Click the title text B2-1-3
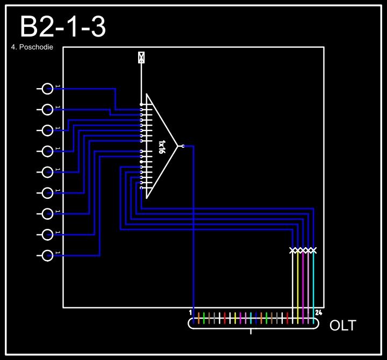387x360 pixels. (x=62, y=27)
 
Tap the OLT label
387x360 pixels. (x=342, y=325)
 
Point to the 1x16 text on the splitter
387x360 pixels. (x=161, y=147)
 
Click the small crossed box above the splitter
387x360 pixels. (x=141, y=57)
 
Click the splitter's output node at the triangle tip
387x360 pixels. (x=183, y=146)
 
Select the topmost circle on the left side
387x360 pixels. (x=48, y=89)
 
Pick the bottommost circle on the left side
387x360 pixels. (x=48, y=255)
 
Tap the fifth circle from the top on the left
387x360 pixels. (x=48, y=172)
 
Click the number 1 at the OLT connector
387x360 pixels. (x=190, y=312)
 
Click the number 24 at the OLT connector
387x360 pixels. (x=319, y=312)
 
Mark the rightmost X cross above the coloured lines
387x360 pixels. (x=313, y=250)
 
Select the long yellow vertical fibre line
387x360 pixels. (x=298, y=285)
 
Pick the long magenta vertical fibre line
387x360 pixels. (x=303, y=285)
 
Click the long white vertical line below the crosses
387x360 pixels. (x=293, y=285)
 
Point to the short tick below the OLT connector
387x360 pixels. (x=251, y=331)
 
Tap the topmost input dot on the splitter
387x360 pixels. (x=141, y=104)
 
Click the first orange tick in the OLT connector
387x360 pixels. (x=199, y=318)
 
